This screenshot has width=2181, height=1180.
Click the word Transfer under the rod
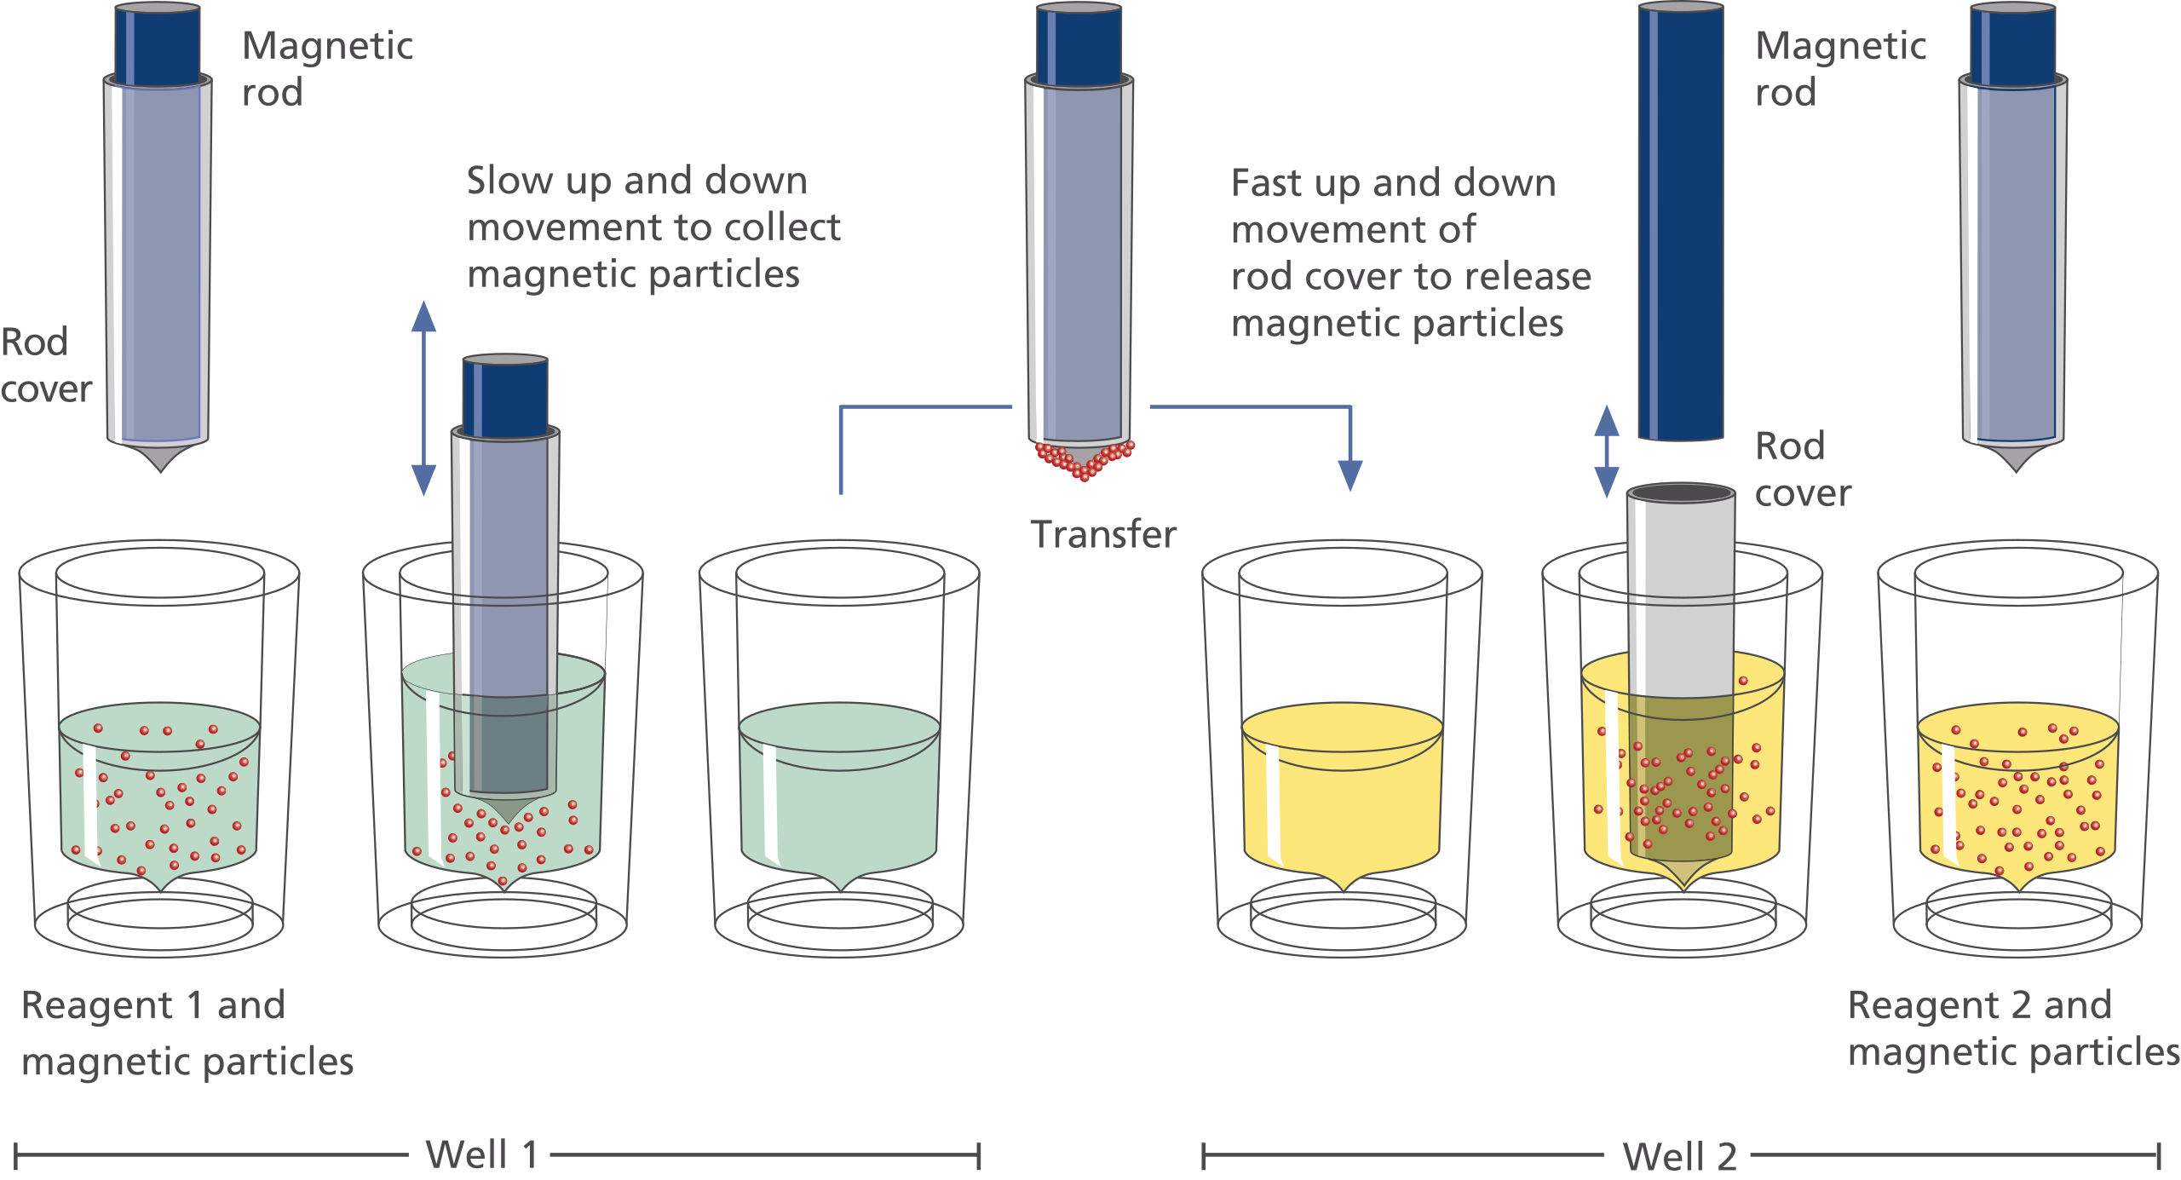point(1103,535)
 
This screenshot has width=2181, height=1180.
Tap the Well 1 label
point(482,1155)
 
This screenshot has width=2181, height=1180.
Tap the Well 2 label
point(1679,1157)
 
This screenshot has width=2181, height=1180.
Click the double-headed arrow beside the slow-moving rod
point(423,398)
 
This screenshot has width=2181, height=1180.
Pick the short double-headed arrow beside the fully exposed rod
point(1606,452)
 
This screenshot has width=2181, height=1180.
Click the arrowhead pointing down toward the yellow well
point(1350,475)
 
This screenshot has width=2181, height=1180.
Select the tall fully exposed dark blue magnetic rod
point(1680,222)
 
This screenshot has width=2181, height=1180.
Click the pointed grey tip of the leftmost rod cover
point(159,458)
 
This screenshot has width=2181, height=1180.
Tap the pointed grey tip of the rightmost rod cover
point(2015,458)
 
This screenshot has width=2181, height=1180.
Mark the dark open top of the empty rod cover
point(1680,493)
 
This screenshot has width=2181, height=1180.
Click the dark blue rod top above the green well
point(504,396)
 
